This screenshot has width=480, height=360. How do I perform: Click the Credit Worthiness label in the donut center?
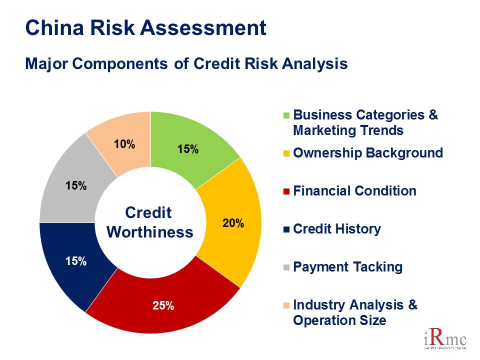point(150,222)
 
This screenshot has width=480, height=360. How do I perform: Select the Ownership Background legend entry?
point(367,153)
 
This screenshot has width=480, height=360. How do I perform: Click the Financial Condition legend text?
point(354,191)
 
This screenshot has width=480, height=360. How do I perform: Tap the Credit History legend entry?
point(336,229)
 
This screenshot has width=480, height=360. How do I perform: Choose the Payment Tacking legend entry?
point(347,267)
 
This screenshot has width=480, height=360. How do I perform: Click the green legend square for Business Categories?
point(286,115)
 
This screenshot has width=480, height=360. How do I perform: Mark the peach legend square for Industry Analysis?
point(286,305)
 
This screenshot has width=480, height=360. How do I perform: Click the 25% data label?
point(163,306)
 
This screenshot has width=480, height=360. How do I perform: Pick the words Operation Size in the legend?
point(339,320)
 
